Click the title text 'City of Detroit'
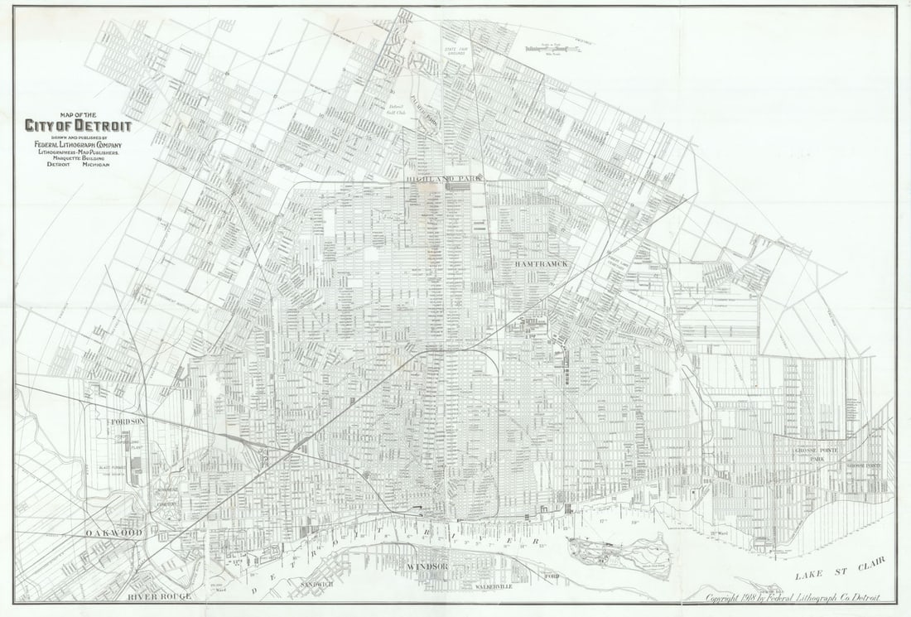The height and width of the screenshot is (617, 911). [x=77, y=127]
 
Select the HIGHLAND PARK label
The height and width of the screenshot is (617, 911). [x=444, y=179]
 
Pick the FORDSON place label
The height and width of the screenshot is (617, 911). [x=128, y=422]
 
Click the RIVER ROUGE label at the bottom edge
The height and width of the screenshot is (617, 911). [x=160, y=596]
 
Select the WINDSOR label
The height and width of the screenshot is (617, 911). [x=427, y=566]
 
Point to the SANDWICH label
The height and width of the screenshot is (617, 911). [x=316, y=585]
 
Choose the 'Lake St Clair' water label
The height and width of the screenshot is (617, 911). [x=839, y=569]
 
